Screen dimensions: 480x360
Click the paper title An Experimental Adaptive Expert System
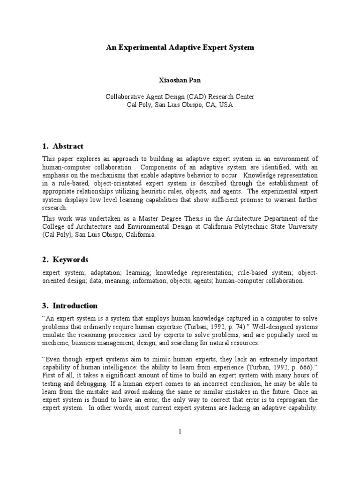(x=180, y=48)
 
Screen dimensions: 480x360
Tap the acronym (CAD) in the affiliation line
(x=193, y=97)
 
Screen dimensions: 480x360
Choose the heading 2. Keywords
(x=65, y=259)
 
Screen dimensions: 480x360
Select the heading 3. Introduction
(x=70, y=306)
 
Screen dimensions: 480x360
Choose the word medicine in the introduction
(x=56, y=343)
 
